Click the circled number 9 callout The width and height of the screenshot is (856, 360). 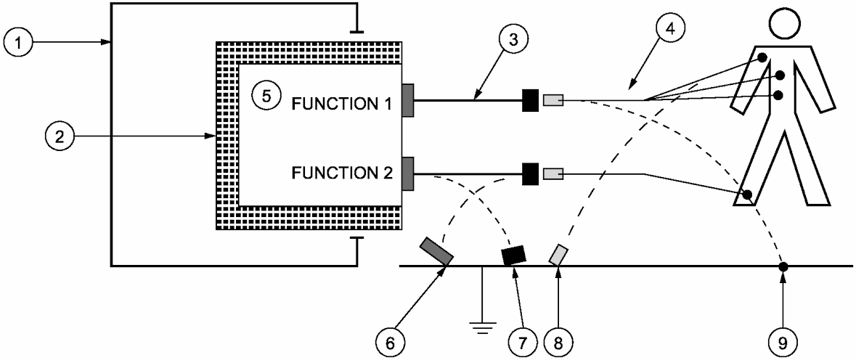[x=783, y=340]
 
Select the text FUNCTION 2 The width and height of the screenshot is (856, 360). [x=341, y=174]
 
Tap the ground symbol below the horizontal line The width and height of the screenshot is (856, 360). [x=478, y=326]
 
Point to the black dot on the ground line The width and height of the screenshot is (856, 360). [x=783, y=266]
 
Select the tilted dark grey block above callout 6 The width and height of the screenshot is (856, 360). [x=437, y=252]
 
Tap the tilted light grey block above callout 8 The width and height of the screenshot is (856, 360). [x=558, y=255]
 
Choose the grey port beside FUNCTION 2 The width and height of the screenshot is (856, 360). [x=407, y=174]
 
